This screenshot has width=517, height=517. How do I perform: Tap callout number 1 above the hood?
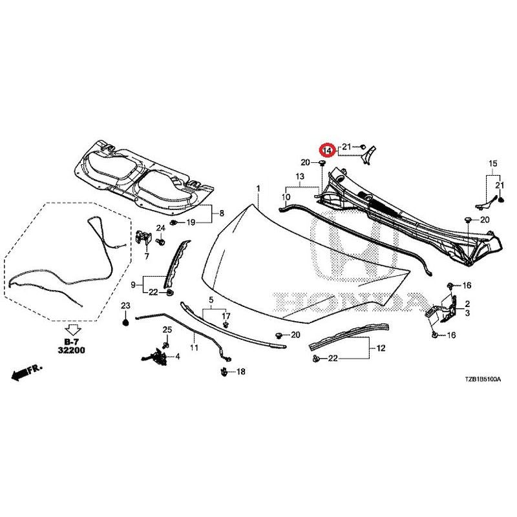click(258, 189)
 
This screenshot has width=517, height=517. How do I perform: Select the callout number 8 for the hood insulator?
click(222, 213)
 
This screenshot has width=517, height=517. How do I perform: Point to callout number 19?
click(191, 222)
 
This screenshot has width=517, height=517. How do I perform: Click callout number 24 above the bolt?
click(160, 228)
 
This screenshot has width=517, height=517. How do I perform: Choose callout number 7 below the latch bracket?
click(147, 255)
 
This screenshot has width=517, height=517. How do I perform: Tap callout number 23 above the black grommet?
click(125, 306)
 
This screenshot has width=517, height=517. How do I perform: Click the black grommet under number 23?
click(125, 322)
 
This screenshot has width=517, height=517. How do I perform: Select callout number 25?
click(167, 330)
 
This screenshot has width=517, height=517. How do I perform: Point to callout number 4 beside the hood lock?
click(178, 357)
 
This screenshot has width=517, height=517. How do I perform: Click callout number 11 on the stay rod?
click(195, 347)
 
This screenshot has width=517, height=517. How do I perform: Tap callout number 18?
click(241, 372)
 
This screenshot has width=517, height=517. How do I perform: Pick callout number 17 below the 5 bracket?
click(226, 316)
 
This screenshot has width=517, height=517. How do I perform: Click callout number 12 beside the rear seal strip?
click(381, 348)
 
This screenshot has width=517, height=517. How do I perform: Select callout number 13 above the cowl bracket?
click(300, 176)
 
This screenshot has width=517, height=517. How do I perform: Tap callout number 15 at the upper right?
click(492, 164)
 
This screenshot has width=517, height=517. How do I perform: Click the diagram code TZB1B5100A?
click(483, 379)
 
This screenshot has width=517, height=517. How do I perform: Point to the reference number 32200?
click(71, 350)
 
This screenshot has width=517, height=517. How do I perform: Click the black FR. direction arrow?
click(27, 372)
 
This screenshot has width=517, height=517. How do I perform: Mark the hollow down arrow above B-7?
click(72, 330)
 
